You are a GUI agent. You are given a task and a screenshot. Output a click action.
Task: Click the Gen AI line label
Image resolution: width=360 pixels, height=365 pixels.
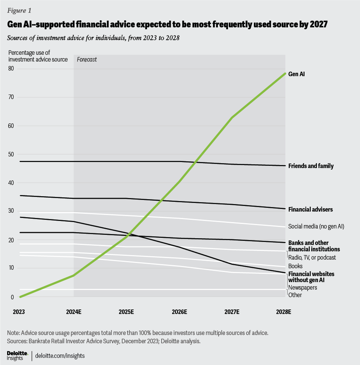pyautogui.click(x=296, y=74)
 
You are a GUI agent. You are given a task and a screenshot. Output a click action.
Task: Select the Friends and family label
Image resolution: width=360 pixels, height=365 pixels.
pyautogui.click(x=310, y=166)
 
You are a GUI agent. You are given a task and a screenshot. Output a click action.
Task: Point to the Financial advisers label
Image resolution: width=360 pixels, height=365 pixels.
pyautogui.click(x=310, y=209)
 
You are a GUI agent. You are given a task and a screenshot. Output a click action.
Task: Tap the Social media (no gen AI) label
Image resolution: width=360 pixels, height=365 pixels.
pyautogui.click(x=316, y=226)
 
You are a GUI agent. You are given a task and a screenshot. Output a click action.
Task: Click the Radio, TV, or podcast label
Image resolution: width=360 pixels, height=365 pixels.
pyautogui.click(x=312, y=257)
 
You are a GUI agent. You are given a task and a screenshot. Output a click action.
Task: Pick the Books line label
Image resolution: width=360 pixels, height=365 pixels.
pyautogui.click(x=295, y=266)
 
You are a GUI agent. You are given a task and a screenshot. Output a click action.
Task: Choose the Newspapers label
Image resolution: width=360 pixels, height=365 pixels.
pyautogui.click(x=302, y=287)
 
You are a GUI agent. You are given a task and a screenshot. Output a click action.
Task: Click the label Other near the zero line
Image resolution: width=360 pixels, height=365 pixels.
pyautogui.click(x=295, y=295)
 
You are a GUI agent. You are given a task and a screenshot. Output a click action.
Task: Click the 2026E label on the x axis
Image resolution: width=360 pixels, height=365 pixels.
pyautogui.click(x=179, y=312)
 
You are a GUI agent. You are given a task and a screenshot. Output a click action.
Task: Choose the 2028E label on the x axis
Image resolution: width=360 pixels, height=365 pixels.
pyautogui.click(x=285, y=312)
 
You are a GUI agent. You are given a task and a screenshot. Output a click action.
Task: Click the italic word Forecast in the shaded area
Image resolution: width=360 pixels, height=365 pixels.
pyautogui.click(x=87, y=59)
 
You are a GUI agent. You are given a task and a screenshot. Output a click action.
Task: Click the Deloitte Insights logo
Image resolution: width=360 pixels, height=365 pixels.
pyautogui.click(x=18, y=355)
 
